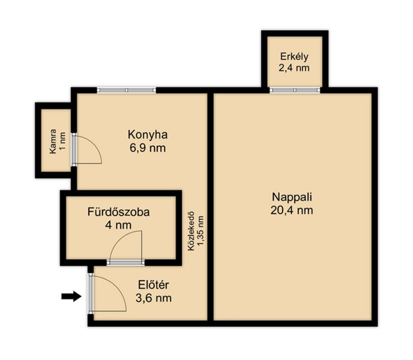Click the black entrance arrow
click(71, 296)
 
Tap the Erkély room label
click(294, 56)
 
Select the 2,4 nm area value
click(294, 68)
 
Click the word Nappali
click(292, 197)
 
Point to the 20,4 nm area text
click(292, 210)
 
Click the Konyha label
click(148, 135)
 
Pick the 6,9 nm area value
click(148, 148)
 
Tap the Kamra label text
click(53, 142)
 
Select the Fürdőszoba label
click(119, 212)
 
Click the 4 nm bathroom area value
click(118, 225)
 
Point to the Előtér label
click(154, 285)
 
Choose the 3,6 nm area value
click(154, 298)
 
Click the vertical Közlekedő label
click(191, 231)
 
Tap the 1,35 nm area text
click(201, 231)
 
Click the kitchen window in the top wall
click(126, 90)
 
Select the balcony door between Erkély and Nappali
click(295, 90)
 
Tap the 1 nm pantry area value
click(63, 142)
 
